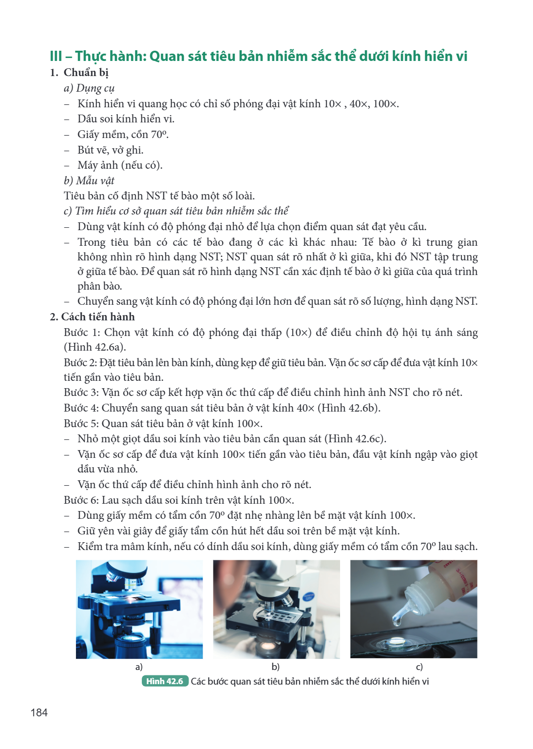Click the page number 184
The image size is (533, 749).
pos(39,712)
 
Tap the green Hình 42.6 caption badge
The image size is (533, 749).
pos(165,681)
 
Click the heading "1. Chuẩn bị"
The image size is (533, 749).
pos(79,73)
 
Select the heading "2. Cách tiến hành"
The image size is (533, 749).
pos(93,316)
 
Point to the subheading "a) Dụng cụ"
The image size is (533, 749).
pos(89,88)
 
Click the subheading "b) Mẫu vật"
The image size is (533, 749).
pos(89,180)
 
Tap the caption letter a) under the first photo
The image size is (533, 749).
pos(139,667)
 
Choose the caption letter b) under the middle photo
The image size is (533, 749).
pos(275,667)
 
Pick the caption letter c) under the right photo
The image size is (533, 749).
pos(419,667)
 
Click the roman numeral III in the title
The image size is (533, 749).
pos(56,56)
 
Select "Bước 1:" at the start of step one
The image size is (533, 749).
pos(82,333)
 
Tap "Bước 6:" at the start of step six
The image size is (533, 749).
pos(81,500)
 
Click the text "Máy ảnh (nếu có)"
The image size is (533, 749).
pos(120,165)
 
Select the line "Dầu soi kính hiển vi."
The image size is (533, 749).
pos(126,118)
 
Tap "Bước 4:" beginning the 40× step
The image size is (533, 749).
pos(81,408)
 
